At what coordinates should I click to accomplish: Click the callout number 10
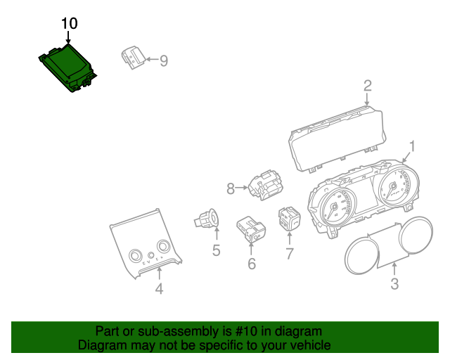pos(69,23)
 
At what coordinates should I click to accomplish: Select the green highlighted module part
pos(67,67)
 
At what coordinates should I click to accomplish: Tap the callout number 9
pos(164,61)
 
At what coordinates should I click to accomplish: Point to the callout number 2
pos(367,86)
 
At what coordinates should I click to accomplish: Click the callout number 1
pos(413,146)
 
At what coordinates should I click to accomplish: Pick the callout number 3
pos(394,284)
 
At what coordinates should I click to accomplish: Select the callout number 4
pos(159,289)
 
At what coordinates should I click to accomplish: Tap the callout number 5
pos(216,250)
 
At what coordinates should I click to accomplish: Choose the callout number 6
pos(251,264)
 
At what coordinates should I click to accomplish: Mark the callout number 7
pos(289,253)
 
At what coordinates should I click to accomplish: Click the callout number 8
pos(230,188)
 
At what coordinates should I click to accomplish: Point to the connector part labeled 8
pos(264,186)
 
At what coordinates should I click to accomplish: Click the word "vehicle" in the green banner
pos(307,345)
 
